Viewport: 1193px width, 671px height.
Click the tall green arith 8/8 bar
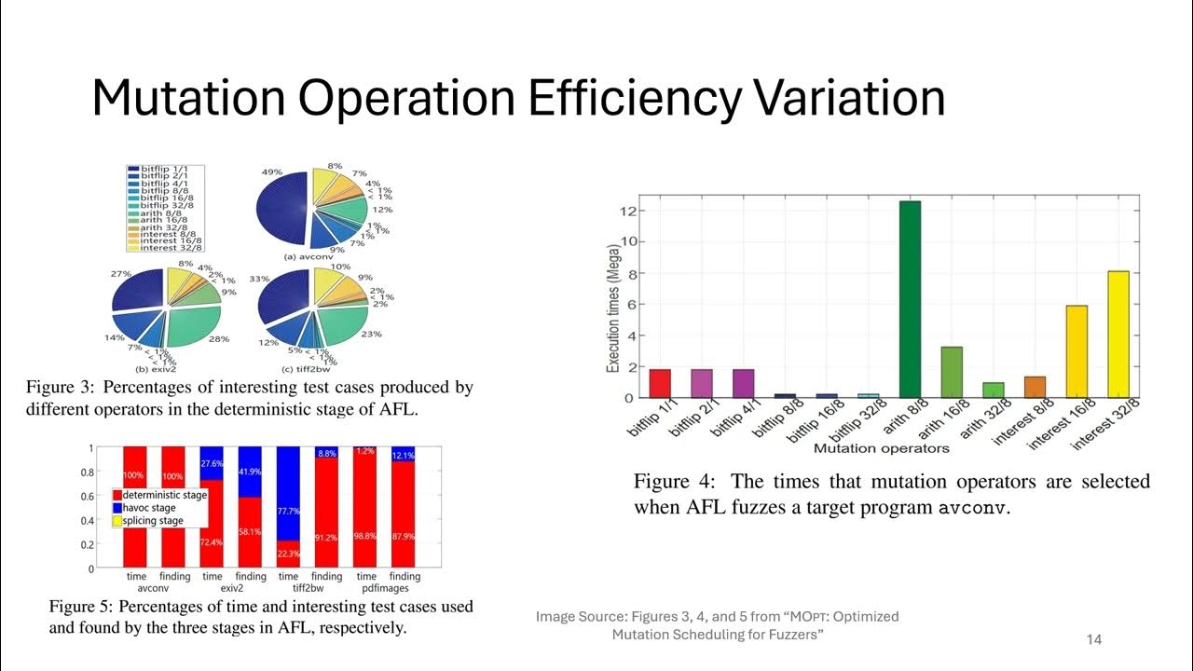pyautogui.click(x=910, y=299)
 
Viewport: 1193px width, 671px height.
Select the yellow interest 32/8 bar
pyautogui.click(x=1118, y=335)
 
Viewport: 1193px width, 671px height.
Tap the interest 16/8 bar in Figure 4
pyautogui.click(x=1076, y=351)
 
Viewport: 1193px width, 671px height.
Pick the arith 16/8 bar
pyautogui.click(x=952, y=372)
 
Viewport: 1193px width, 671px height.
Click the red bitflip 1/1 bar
pyautogui.click(x=659, y=384)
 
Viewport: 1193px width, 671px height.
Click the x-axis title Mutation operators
pyautogui.click(x=881, y=448)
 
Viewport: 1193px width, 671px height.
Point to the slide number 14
pyautogui.click(x=1094, y=639)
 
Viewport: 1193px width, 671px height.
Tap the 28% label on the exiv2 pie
pyautogui.click(x=219, y=339)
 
